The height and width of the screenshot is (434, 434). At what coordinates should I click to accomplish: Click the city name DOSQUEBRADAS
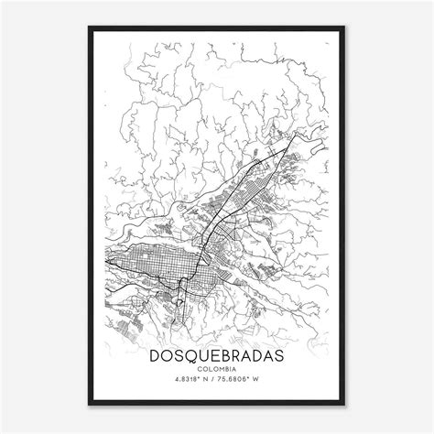click(x=217, y=352)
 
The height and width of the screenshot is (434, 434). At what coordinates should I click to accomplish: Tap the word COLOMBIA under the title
click(x=217, y=368)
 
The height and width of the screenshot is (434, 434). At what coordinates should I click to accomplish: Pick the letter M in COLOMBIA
click(x=219, y=368)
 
